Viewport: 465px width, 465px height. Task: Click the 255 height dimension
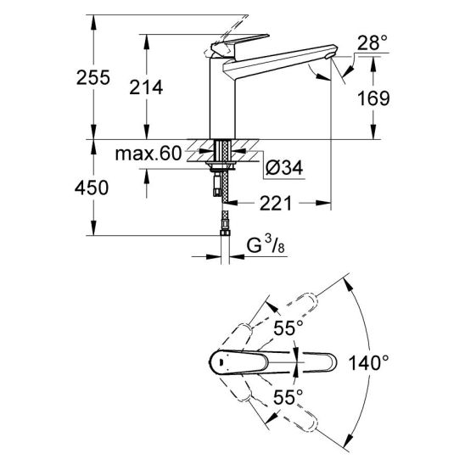coord(93,77)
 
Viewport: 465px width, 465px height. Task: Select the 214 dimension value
coord(146,87)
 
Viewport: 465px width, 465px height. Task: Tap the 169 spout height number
coord(373,98)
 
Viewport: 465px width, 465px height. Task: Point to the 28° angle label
coord(373,42)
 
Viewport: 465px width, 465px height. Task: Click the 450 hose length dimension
coord(92,188)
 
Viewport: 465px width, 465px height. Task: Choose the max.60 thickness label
coord(148,154)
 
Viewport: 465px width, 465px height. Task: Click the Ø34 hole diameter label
coord(284,168)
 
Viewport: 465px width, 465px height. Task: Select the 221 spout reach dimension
coord(276,204)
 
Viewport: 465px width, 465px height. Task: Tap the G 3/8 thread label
coord(266,245)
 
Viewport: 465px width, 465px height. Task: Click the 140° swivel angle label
coord(368,362)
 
